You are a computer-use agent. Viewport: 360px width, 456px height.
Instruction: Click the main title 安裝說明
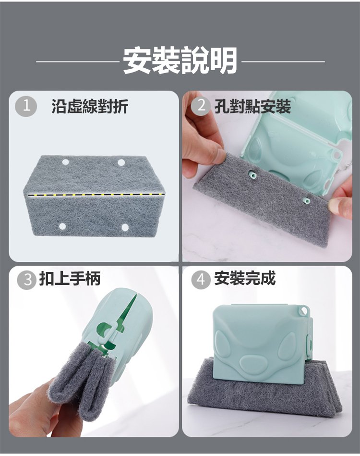pos(180,61)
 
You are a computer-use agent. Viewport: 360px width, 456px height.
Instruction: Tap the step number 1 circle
pos(26,106)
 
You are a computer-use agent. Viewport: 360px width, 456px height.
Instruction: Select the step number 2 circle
pos(201,106)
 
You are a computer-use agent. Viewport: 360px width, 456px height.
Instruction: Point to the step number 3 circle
pos(27,280)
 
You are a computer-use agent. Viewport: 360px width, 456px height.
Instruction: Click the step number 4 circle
pos(201,280)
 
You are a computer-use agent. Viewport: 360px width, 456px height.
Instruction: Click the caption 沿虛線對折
pos(90,106)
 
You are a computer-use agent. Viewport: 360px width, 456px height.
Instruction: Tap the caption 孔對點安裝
pos(252,106)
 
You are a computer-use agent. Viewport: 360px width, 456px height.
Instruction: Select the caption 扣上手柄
pos(70,279)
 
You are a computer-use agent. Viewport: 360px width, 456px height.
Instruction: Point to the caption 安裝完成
pos(245,279)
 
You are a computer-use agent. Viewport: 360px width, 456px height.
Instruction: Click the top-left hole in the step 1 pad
pos(65,162)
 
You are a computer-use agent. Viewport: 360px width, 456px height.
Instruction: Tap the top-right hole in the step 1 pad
pos(121,162)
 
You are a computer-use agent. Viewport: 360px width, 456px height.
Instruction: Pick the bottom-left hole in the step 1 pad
pos(62,226)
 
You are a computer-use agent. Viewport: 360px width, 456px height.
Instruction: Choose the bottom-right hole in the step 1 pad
pos(125,227)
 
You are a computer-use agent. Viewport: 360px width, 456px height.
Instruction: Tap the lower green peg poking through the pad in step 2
pos(305,200)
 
